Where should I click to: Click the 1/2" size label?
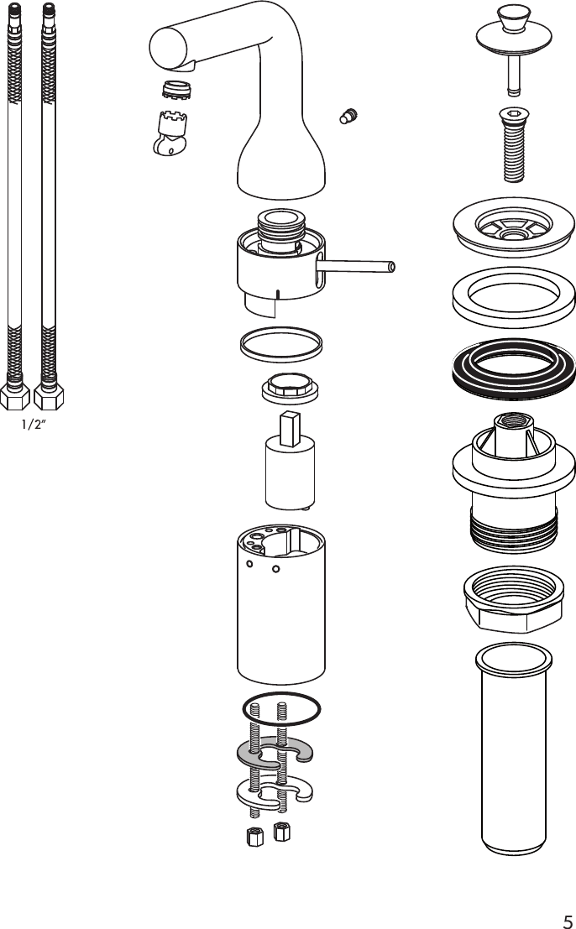tap(33, 424)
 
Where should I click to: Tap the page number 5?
tap(567, 919)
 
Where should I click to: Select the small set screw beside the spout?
tap(347, 116)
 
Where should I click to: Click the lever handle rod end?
tap(390, 267)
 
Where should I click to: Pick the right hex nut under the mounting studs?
tap(282, 832)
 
